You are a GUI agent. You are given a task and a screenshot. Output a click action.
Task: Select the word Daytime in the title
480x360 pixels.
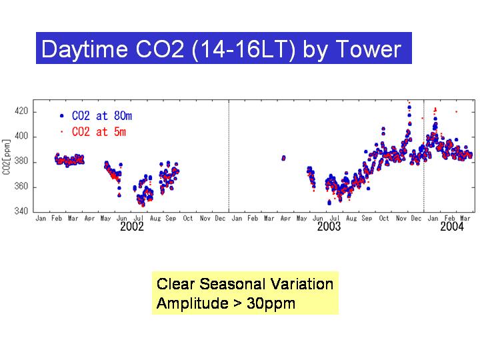[x=85, y=49]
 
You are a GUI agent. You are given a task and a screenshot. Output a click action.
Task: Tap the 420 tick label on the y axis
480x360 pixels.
[x=21, y=111]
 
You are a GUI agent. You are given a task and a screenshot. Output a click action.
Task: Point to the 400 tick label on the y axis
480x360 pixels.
[x=21, y=136]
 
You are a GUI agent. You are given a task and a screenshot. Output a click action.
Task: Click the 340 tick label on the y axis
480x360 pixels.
[x=21, y=211]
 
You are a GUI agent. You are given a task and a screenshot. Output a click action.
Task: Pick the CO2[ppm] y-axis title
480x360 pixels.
[x=7, y=157]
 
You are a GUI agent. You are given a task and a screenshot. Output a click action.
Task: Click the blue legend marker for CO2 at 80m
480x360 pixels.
[x=62, y=116]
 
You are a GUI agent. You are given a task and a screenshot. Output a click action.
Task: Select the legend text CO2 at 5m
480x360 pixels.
[x=99, y=132]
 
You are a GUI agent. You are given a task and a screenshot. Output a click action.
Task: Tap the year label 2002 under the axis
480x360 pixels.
[x=131, y=227]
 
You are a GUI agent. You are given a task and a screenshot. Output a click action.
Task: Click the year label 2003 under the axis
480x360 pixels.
[x=329, y=227]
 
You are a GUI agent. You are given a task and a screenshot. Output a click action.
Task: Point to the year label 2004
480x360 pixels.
[x=452, y=227]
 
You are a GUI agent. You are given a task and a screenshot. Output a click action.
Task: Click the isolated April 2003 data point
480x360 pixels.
[x=283, y=158]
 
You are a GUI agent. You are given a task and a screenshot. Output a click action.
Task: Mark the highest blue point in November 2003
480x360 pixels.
[x=409, y=107]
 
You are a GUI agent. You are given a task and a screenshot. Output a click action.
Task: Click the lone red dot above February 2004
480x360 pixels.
[x=457, y=112]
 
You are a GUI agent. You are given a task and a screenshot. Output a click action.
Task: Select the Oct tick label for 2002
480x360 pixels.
[x=187, y=218]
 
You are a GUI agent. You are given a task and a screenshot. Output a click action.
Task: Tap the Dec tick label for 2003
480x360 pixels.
[x=416, y=218]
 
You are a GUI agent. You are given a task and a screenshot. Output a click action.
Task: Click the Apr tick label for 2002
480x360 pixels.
[x=89, y=218]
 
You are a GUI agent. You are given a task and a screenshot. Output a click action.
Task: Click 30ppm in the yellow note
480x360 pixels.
[x=271, y=304]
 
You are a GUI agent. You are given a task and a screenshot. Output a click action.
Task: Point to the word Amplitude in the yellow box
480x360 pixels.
[x=192, y=304]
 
